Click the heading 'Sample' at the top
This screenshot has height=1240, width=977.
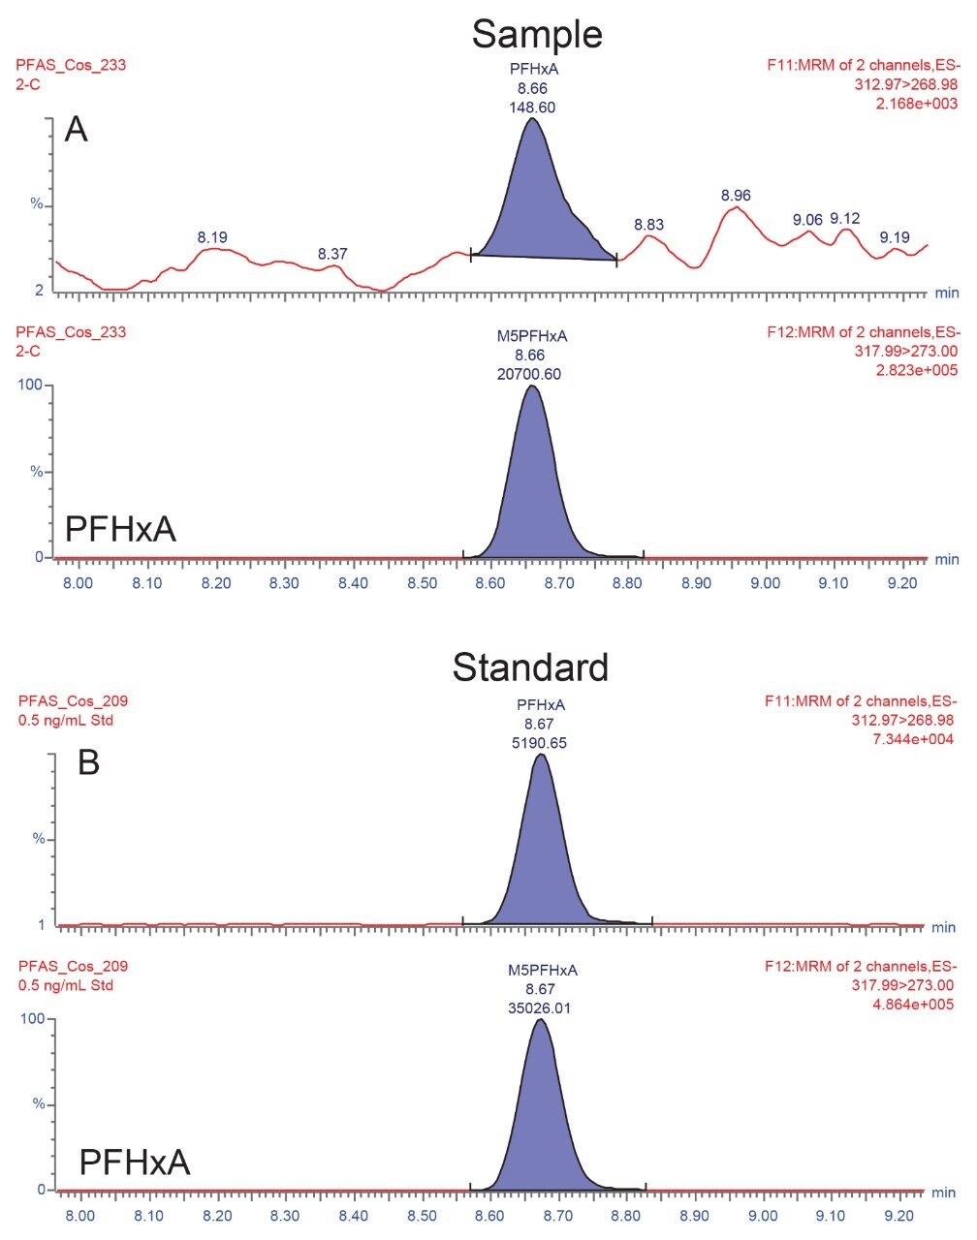[537, 34]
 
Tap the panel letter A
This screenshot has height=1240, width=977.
[76, 129]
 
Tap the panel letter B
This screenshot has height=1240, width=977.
[88, 762]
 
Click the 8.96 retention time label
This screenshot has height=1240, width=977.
[737, 196]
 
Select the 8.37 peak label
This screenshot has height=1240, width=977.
[332, 254]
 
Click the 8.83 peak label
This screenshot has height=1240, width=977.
[648, 225]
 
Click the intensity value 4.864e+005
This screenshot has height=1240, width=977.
[916, 1004]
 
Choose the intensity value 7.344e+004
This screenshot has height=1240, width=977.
[916, 739]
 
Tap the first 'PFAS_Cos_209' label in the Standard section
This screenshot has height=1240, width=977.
[72, 701]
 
